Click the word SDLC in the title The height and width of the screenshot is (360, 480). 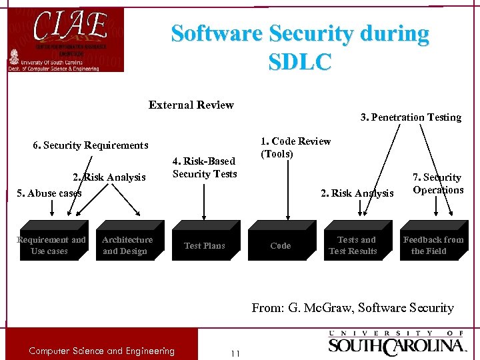point(299,61)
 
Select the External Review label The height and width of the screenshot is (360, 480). point(191,105)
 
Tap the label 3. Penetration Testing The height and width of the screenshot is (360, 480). point(411,117)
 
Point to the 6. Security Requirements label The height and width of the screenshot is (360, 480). point(91,145)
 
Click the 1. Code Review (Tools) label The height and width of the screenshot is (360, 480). point(295,147)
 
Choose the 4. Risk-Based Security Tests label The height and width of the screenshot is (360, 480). point(205,167)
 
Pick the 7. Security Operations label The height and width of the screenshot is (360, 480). point(437,183)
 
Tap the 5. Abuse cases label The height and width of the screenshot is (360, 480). point(49,193)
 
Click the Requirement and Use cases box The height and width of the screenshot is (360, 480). point(51,245)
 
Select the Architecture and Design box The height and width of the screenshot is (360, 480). point(127,245)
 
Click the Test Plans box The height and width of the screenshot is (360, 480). point(205,245)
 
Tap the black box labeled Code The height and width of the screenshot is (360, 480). point(280,245)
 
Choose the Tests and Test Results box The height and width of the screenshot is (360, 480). point(354,245)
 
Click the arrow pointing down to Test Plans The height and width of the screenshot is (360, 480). point(205,200)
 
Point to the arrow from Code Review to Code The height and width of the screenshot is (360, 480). point(287,193)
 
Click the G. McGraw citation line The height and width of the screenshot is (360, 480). point(353,307)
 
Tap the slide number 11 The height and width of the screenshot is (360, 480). point(234,353)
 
